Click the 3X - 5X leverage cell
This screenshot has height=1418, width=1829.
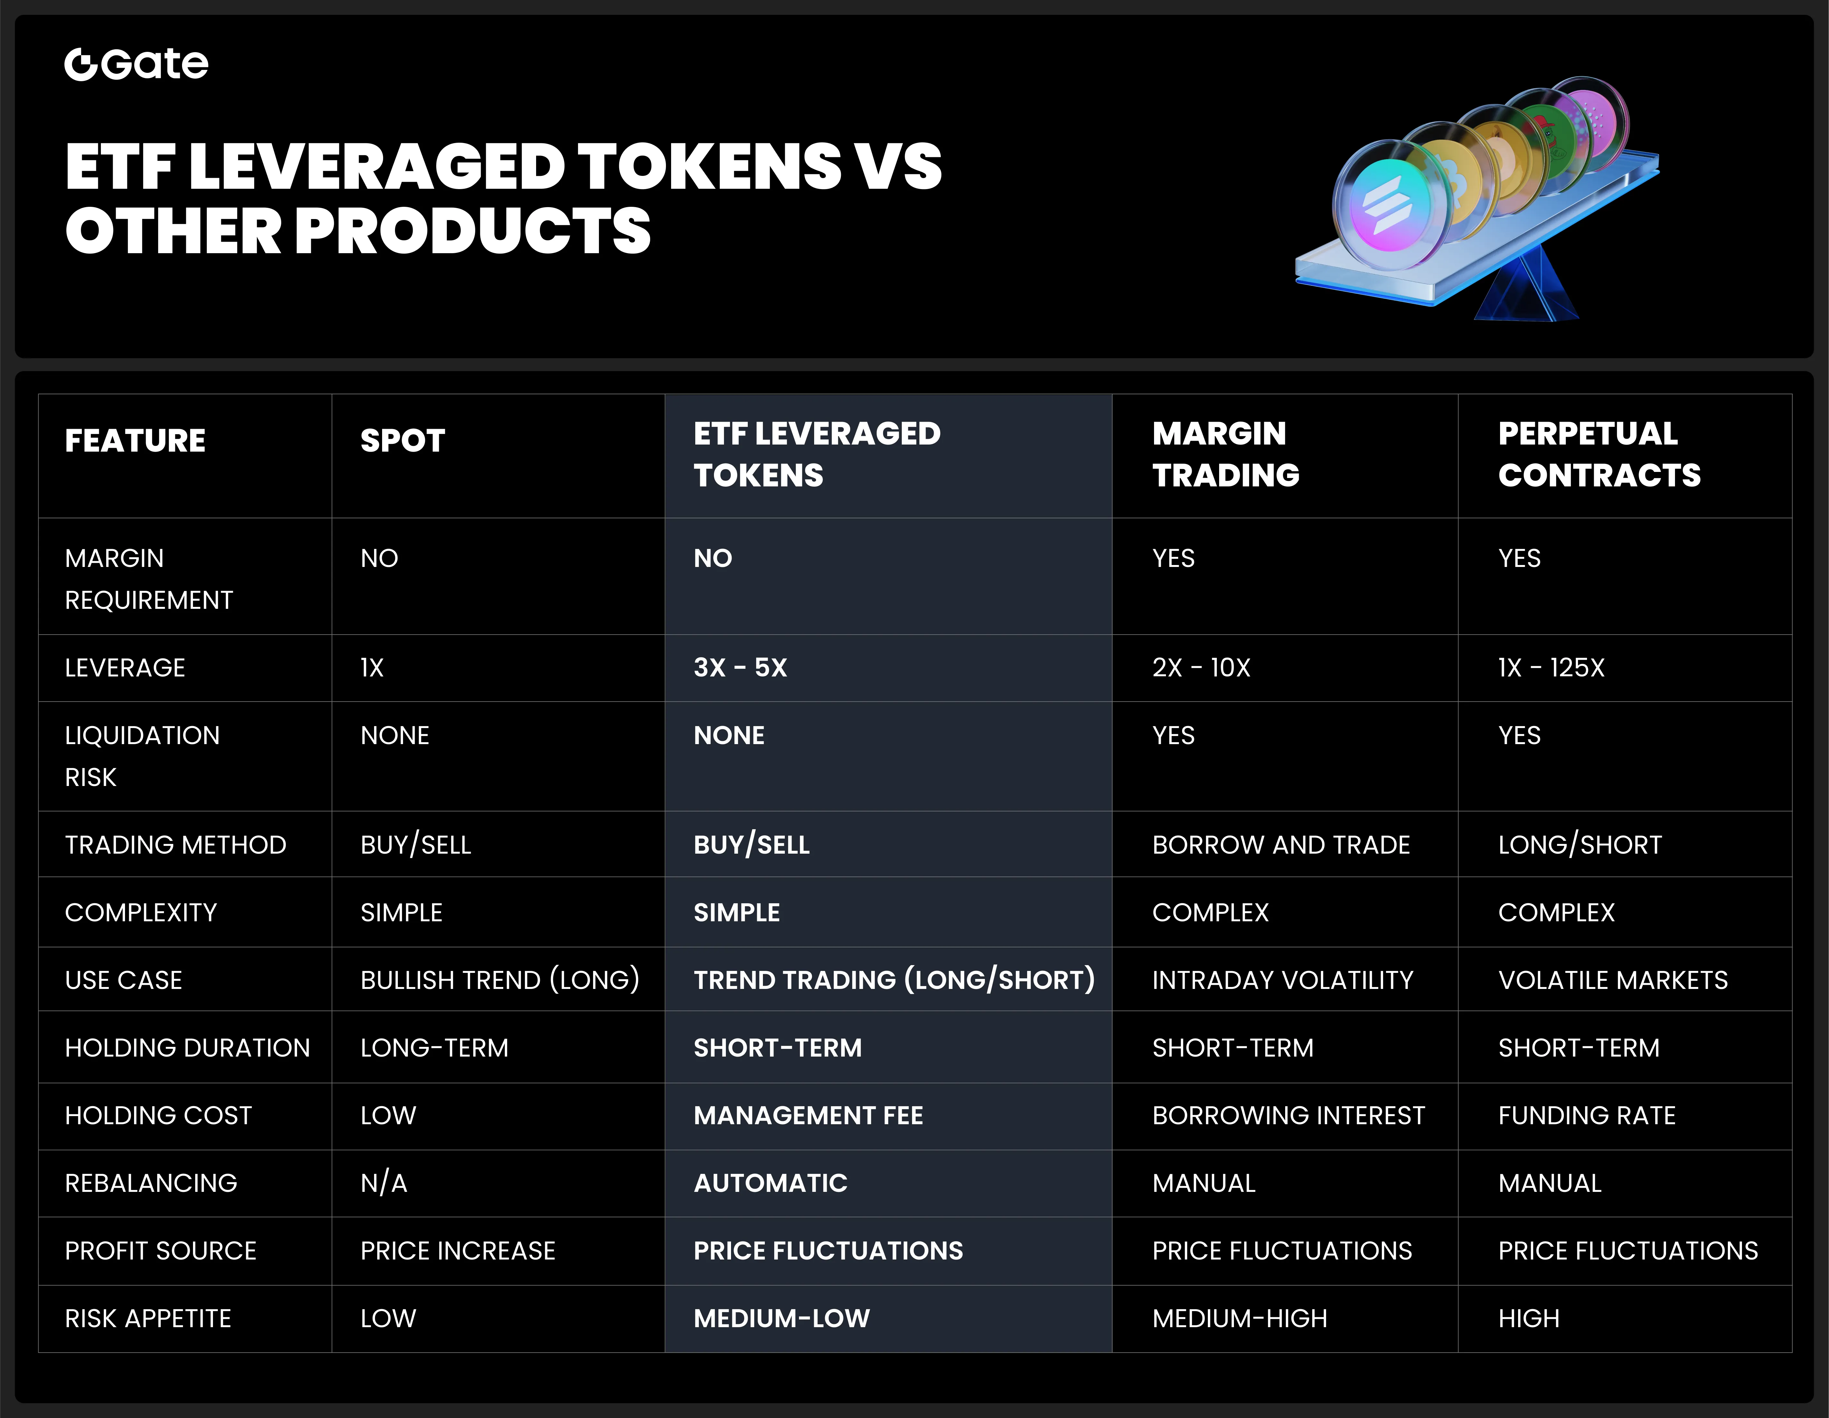pos(740,667)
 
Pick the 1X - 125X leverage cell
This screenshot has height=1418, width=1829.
pos(1551,667)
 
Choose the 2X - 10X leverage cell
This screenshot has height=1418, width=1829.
pos(1201,667)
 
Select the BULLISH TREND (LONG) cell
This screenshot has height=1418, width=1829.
pos(500,980)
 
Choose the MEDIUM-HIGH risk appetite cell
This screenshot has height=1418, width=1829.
pos(1239,1318)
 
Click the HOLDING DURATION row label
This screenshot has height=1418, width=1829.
pos(188,1048)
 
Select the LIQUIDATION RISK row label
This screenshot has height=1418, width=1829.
pos(142,756)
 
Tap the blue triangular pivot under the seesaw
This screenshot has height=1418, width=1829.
pos(1526,289)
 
